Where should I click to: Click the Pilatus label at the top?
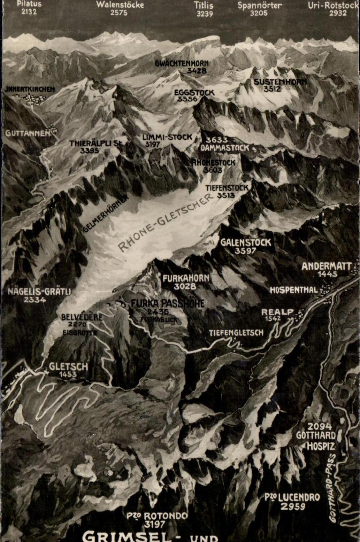click(x=29, y=4)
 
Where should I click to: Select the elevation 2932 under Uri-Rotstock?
click(x=338, y=13)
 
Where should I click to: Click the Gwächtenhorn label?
click(x=182, y=63)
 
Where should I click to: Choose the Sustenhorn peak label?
click(x=280, y=82)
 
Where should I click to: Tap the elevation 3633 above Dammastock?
click(x=216, y=140)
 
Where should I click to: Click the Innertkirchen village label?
click(x=30, y=90)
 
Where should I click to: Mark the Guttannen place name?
click(x=28, y=133)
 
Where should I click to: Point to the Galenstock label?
click(x=245, y=242)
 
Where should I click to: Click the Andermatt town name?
click(x=326, y=266)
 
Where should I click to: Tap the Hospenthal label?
click(x=294, y=290)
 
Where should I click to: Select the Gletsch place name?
click(x=68, y=366)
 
